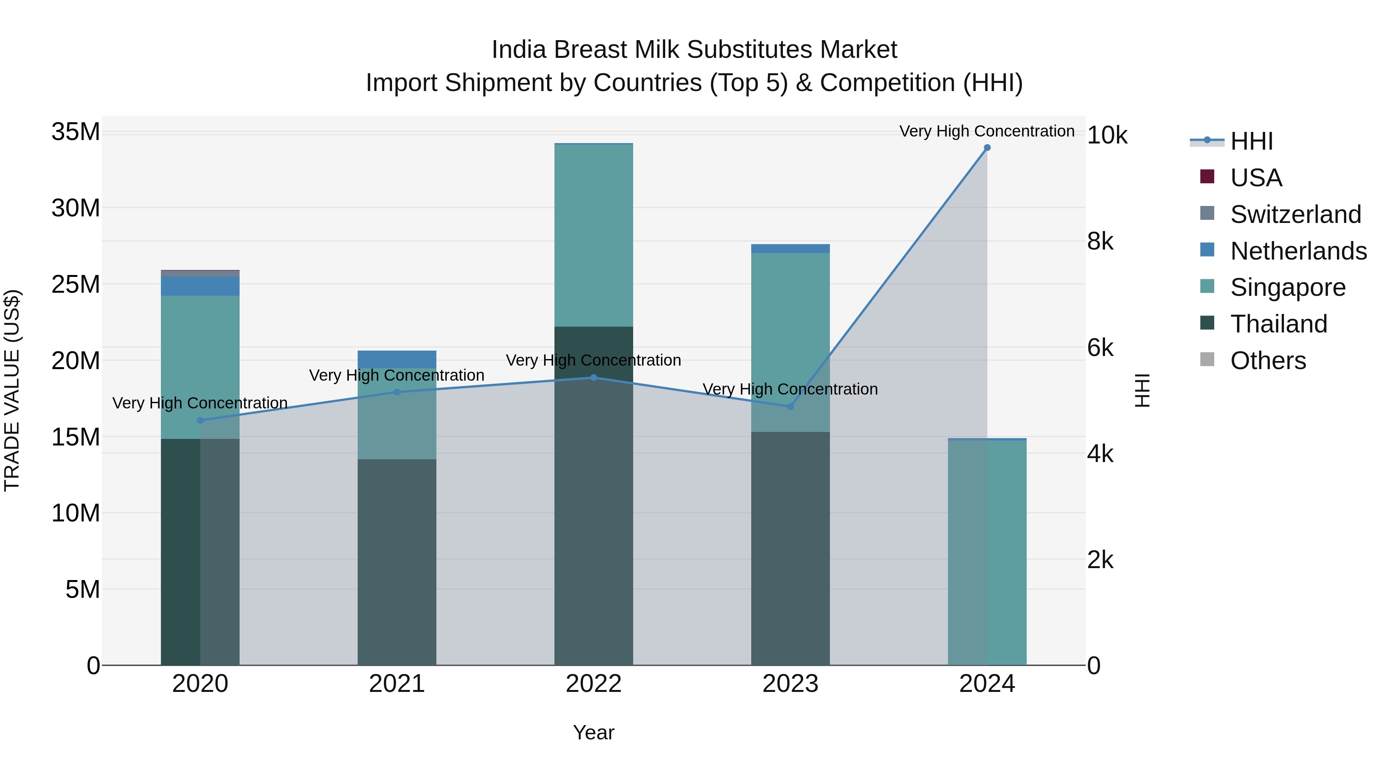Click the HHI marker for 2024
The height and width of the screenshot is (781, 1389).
point(987,148)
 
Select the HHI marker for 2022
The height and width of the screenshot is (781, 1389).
point(594,378)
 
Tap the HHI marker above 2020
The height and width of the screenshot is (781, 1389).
point(200,420)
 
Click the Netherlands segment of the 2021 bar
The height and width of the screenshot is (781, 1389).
point(397,359)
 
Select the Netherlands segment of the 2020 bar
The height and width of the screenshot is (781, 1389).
point(200,286)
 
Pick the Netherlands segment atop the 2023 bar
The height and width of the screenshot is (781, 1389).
point(791,248)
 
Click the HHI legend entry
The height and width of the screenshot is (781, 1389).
point(1251,141)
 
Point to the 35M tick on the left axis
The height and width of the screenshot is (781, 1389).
point(76,132)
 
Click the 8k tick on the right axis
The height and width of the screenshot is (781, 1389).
point(1100,241)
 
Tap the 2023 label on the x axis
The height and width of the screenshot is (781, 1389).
point(791,684)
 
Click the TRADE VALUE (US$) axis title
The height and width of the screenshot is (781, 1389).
point(12,390)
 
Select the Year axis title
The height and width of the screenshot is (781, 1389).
point(594,732)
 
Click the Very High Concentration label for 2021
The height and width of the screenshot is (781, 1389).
point(397,375)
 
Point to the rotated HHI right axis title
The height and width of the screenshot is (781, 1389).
point(1142,390)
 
